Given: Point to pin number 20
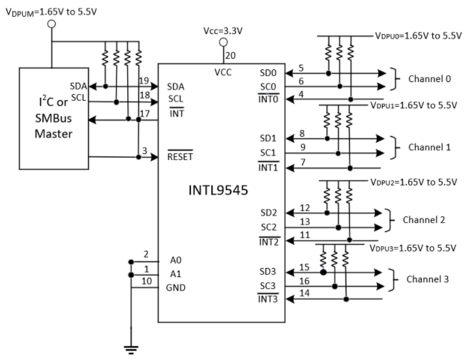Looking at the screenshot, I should pos(229,55).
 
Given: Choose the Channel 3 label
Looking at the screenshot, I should pos(428,279).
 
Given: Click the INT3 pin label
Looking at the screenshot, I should pos(268,300).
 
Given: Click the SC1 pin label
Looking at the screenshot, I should pos(267,154).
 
